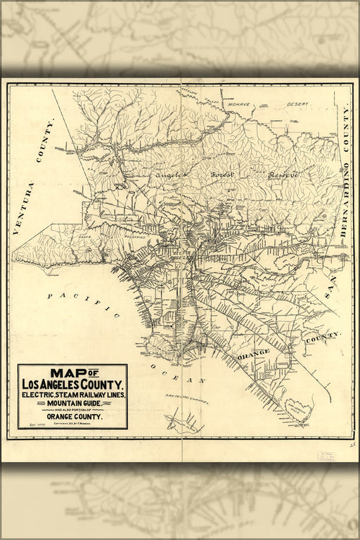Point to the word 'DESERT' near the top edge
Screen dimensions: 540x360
pos(297,103)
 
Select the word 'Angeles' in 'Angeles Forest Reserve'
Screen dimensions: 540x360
pos(169,174)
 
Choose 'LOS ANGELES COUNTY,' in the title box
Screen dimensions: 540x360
pos(72,385)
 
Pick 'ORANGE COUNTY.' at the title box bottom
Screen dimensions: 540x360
pos(72,417)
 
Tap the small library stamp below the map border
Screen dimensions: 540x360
pos(326,456)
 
